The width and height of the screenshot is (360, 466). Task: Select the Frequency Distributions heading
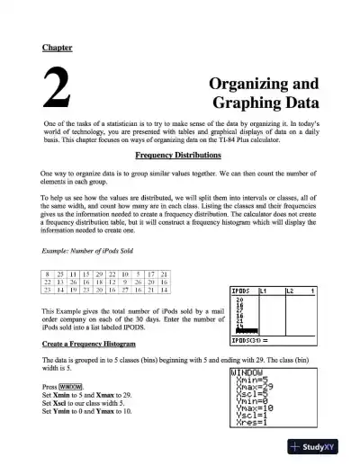[x=180, y=155]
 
